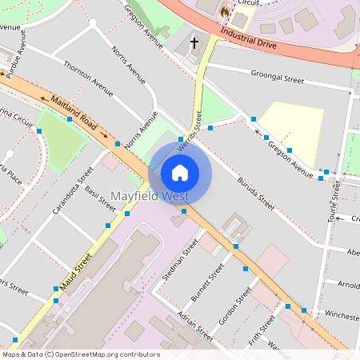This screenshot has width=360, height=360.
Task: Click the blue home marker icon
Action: tap(180, 172)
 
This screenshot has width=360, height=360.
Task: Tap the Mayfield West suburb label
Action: tap(150, 196)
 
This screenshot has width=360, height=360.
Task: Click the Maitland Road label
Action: tap(73, 114)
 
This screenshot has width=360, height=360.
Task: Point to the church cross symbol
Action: tap(194, 42)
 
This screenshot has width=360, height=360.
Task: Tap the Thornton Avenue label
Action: tap(88, 76)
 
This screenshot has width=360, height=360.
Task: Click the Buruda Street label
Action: tap(255, 194)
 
